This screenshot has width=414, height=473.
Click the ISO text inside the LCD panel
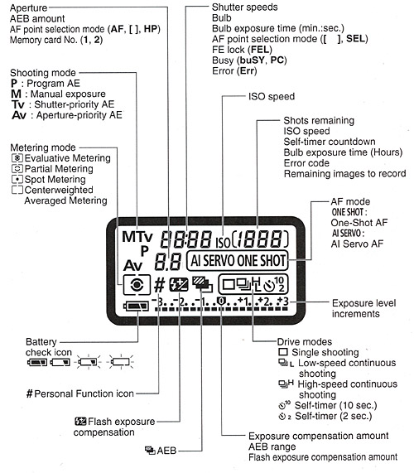[x=223, y=242]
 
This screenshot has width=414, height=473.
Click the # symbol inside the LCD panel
[x=160, y=285]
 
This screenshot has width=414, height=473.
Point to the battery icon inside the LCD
[x=137, y=306]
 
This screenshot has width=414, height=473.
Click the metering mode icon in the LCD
[x=137, y=285]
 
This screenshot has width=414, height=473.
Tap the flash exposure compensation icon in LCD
[x=179, y=285]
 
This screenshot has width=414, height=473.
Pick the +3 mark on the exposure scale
[x=283, y=301]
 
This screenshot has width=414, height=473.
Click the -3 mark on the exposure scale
[x=157, y=301]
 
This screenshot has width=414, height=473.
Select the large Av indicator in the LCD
[x=132, y=265]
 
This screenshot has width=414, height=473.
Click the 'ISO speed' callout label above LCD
[x=272, y=97]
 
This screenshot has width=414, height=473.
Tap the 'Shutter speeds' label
[x=244, y=7]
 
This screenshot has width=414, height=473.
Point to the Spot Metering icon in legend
[x=17, y=180]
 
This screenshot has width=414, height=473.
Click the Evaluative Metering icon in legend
[x=17, y=158]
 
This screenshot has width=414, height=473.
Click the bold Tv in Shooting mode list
[x=18, y=104]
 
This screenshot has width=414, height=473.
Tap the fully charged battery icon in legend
[x=37, y=362]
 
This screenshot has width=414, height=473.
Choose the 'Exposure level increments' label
[x=363, y=308]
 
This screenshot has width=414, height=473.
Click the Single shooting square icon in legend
[x=283, y=352]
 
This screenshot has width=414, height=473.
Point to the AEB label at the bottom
[x=166, y=451]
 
